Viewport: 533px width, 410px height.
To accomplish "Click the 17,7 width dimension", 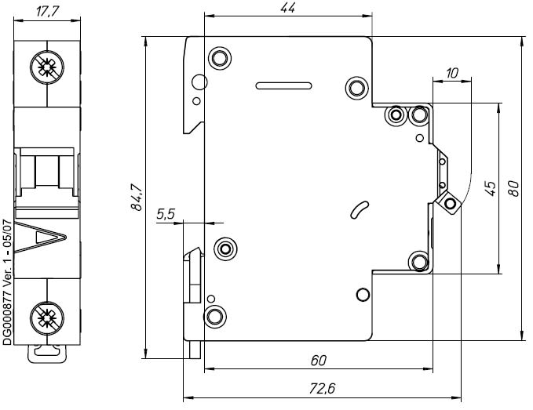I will (x=48, y=11).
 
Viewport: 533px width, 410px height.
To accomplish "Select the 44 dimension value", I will (x=287, y=8).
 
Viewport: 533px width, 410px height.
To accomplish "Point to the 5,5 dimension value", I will (x=166, y=212).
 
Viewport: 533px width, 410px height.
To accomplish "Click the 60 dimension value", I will (x=317, y=361).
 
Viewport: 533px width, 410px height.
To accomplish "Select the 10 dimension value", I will (x=451, y=73).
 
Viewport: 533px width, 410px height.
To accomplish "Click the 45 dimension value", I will (x=490, y=188).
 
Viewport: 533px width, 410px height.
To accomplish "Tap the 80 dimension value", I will (x=514, y=188).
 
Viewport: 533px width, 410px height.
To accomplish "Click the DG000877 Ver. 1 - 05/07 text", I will (x=7, y=282).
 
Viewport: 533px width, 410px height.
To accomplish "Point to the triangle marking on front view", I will (x=49, y=238).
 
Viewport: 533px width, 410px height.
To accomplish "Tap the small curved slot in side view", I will (x=359, y=209).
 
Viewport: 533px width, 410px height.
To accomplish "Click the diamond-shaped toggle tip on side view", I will (x=450, y=204).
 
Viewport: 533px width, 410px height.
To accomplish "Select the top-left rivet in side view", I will (x=219, y=59).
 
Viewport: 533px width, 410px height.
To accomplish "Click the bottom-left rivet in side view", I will (x=214, y=317).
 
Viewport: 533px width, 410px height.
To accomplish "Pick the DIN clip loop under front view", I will (x=48, y=352).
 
